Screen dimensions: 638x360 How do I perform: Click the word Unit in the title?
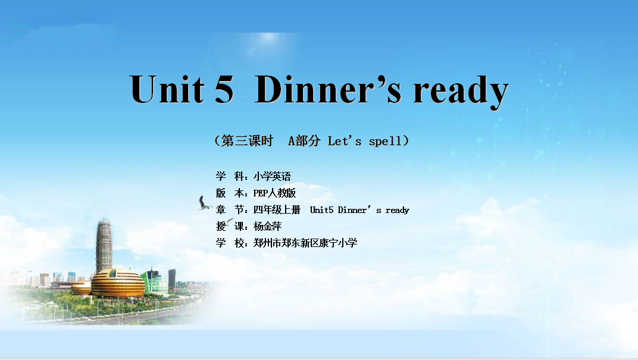click(x=167, y=89)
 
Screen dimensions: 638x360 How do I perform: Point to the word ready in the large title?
click(x=461, y=92)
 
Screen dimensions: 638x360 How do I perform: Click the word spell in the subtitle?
click(x=385, y=142)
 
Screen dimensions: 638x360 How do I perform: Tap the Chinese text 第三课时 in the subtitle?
click(x=247, y=141)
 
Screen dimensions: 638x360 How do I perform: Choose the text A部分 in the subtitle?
click(x=304, y=141)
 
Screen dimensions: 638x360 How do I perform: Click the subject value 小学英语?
click(x=272, y=176)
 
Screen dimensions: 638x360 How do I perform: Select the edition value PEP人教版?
click(x=274, y=193)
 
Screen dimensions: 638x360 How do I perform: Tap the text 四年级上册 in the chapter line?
click(x=277, y=209)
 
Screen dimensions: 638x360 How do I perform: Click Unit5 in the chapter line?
click(x=321, y=210)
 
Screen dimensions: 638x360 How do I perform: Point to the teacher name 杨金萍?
click(x=267, y=226)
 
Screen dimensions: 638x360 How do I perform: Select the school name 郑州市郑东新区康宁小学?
click(x=305, y=243)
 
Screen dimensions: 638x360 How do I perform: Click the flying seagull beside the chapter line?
click(x=204, y=204)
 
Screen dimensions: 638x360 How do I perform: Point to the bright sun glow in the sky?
click(x=268, y=39)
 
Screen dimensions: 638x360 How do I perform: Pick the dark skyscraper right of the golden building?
click(x=172, y=278)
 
